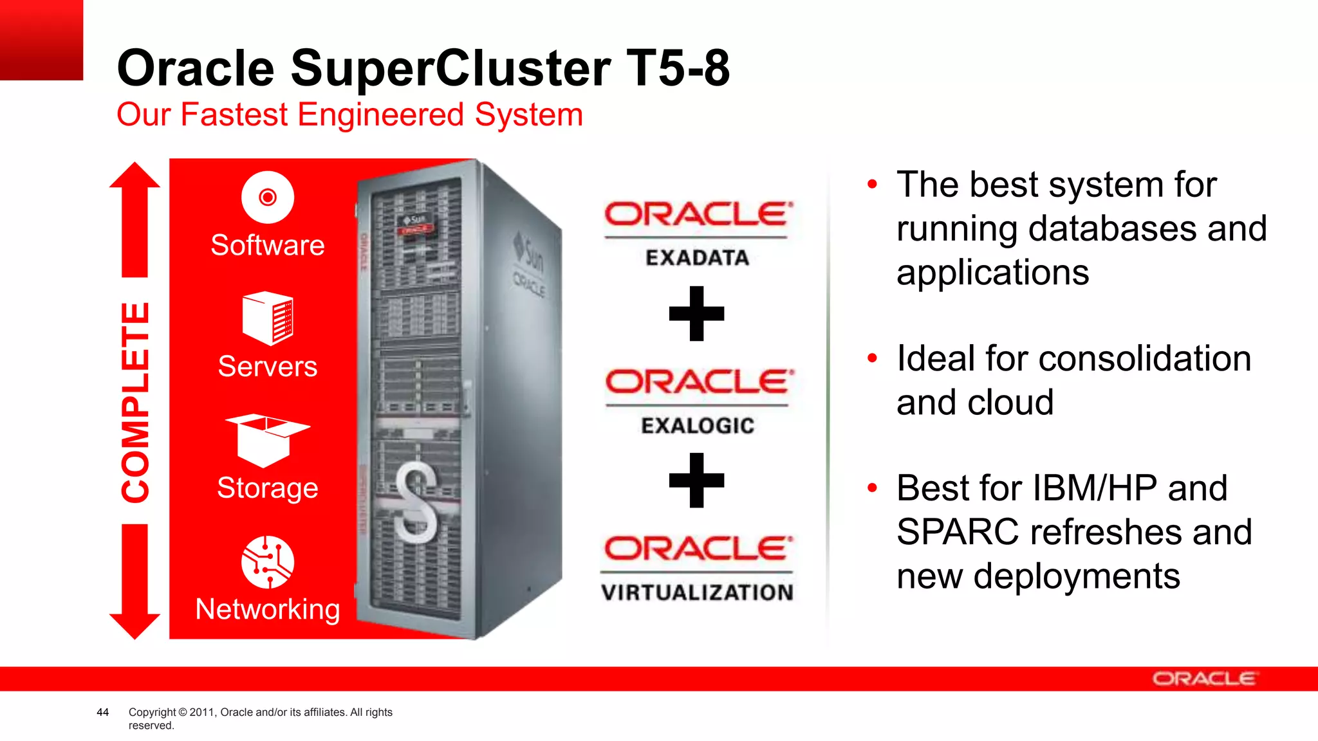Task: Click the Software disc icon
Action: click(268, 197)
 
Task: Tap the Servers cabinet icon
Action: click(268, 318)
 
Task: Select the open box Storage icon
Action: click(267, 440)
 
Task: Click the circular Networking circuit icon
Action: click(268, 562)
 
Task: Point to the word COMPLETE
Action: click(136, 402)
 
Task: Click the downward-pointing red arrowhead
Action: click(135, 625)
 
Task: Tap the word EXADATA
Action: click(697, 258)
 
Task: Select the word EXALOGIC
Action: click(698, 426)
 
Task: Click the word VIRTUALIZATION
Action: click(697, 592)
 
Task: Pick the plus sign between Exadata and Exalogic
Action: click(696, 313)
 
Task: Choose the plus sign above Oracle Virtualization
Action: click(696, 480)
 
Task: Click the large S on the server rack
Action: click(416, 502)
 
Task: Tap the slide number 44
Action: click(102, 712)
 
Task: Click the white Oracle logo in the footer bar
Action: click(1203, 679)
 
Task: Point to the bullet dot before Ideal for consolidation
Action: click(872, 358)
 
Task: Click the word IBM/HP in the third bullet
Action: click(1095, 488)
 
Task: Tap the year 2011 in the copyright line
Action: click(201, 712)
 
